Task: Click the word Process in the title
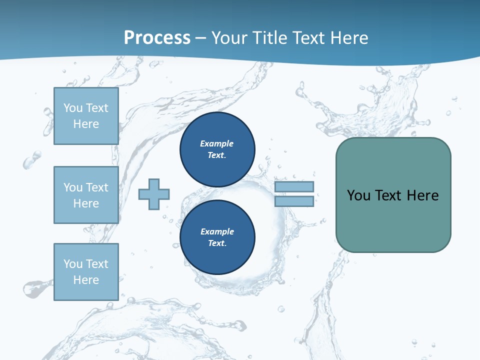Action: (157, 37)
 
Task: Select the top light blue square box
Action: (86, 116)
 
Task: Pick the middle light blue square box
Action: (86, 195)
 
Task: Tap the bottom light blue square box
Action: (86, 272)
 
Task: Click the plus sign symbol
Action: (154, 194)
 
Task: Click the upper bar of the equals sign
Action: (294, 186)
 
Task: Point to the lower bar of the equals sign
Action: (294, 201)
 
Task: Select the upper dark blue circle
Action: (217, 149)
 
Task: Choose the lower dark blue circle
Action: (217, 237)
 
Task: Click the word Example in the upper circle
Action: (217, 143)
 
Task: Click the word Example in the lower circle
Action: (217, 231)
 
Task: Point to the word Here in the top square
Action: (86, 124)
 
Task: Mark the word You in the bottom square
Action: (72, 264)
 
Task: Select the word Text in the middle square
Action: (96, 187)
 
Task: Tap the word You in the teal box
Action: (358, 195)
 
